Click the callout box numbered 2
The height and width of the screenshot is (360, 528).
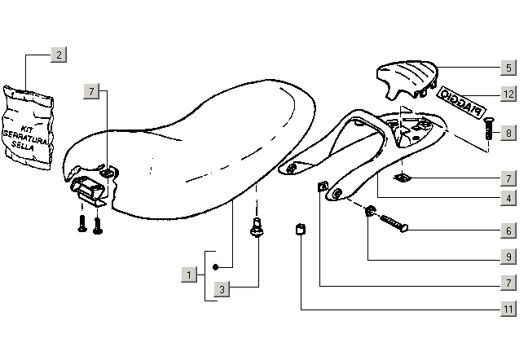point(58,55)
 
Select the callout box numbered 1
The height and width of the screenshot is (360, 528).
point(188,275)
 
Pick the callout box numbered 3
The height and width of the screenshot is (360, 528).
point(221,288)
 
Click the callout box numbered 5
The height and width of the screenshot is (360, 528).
point(508,68)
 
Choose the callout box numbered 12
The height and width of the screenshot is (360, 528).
point(508,94)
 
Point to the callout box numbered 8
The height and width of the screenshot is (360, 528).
point(508,132)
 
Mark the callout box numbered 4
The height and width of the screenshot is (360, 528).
point(508,197)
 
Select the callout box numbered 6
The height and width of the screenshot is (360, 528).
point(508,231)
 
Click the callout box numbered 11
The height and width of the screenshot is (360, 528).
point(508,310)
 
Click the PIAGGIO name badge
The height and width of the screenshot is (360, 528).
point(462,103)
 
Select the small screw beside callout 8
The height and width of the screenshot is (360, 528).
point(488,129)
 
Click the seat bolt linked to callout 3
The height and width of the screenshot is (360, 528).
point(257,229)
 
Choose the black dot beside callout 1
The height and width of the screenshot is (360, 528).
point(214,266)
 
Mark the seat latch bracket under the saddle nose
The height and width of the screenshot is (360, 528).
point(92,190)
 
